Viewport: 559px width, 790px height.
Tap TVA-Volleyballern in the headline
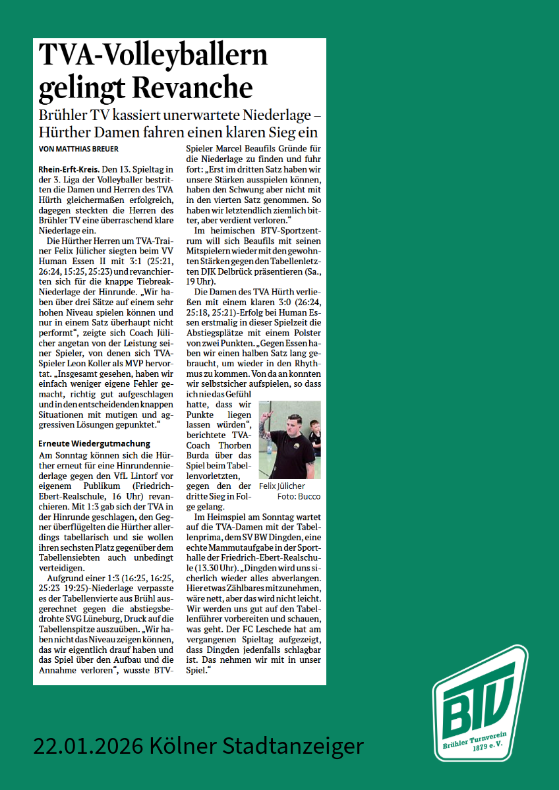click(x=153, y=55)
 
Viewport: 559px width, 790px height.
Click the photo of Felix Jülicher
click(x=289, y=439)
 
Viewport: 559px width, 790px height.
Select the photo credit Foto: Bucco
click(x=299, y=497)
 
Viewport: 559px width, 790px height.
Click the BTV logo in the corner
click(x=479, y=704)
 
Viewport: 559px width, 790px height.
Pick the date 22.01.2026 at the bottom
click(x=88, y=746)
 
